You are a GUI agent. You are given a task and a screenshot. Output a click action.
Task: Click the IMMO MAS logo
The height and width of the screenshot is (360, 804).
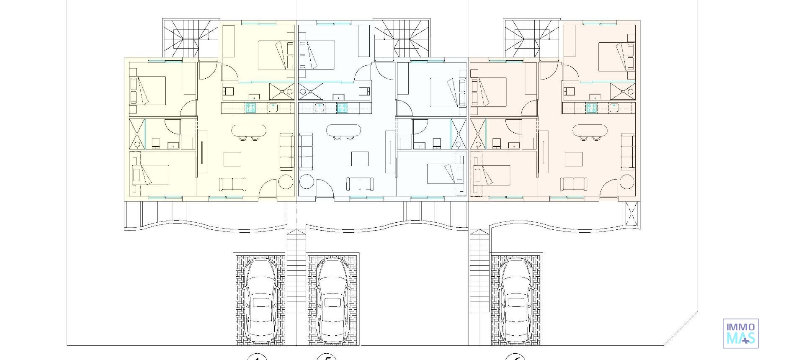[x=740, y=333]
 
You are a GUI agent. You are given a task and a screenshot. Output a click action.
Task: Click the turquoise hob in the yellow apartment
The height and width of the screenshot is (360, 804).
[x=250, y=108]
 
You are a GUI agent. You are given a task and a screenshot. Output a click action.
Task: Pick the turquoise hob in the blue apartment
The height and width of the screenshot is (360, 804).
[x=342, y=108]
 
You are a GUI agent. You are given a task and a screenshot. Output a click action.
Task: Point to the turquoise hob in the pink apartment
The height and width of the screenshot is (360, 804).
[x=591, y=108]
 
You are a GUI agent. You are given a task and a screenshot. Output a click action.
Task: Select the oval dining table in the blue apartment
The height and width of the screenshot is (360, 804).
[x=343, y=131]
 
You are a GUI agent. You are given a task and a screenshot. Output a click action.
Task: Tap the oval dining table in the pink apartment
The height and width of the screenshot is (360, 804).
[x=590, y=131]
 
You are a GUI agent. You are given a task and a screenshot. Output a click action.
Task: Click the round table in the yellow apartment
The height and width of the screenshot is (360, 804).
[x=286, y=183]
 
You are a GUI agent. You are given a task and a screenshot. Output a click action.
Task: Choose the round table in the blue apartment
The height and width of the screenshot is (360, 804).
[x=306, y=183]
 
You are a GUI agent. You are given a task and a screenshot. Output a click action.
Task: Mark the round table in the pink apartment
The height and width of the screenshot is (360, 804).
[x=627, y=183]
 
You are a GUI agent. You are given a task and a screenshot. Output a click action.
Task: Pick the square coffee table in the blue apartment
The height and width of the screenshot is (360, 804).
[x=360, y=159]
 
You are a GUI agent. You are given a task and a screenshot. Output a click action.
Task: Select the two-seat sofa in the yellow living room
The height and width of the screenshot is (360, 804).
[x=232, y=184]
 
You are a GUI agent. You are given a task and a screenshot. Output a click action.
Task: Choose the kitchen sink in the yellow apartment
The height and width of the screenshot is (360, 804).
[x=273, y=108]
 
